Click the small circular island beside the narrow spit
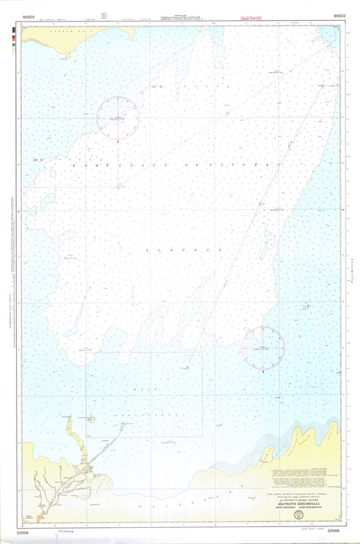93,418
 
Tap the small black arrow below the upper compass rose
118,141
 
